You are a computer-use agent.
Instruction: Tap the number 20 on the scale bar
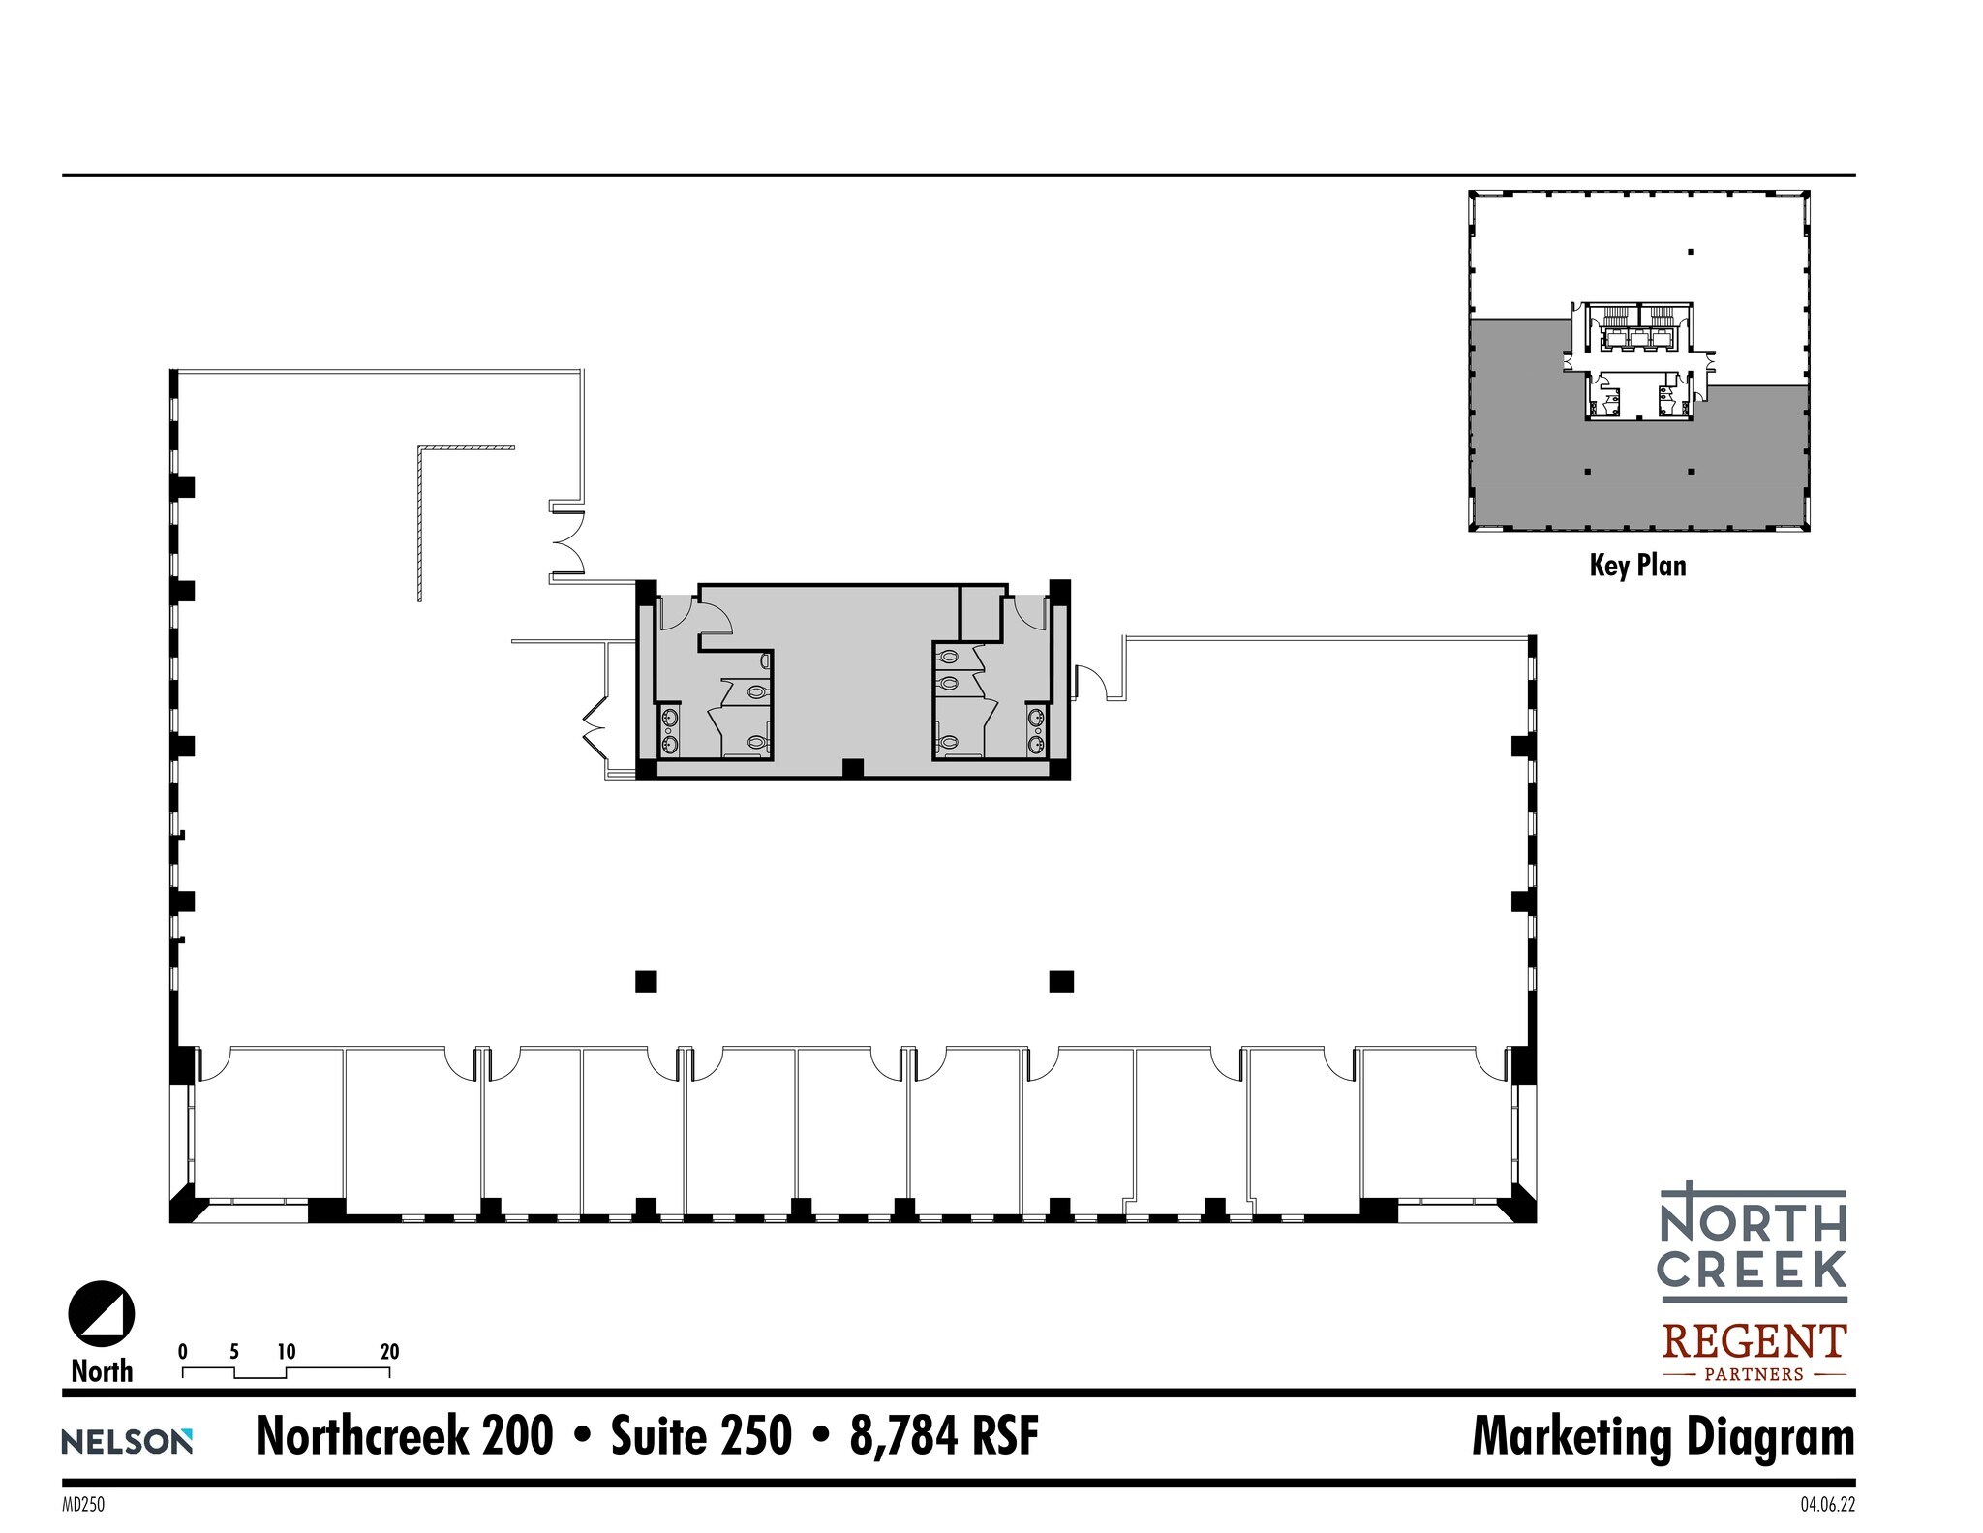pyautogui.click(x=389, y=1351)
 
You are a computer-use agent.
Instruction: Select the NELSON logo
pyautogui.click(x=127, y=1441)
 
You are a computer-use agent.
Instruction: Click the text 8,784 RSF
pyautogui.click(x=944, y=1436)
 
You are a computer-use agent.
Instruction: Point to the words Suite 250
pyautogui.click(x=701, y=1436)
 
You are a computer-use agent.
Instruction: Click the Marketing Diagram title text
pyautogui.click(x=1663, y=1436)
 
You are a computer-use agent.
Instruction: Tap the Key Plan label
pyautogui.click(x=1637, y=566)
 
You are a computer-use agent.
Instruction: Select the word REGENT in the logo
pyautogui.click(x=1754, y=1342)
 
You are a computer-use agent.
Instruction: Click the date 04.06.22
pyautogui.click(x=1827, y=1505)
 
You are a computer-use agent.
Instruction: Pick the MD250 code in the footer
pyautogui.click(x=82, y=1505)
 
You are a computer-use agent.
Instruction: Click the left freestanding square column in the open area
pyautogui.click(x=646, y=982)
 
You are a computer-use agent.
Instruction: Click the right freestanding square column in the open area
pyautogui.click(x=1061, y=982)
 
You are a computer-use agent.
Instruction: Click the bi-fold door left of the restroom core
pyautogui.click(x=592, y=731)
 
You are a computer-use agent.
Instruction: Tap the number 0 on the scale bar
pyautogui.click(x=183, y=1351)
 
